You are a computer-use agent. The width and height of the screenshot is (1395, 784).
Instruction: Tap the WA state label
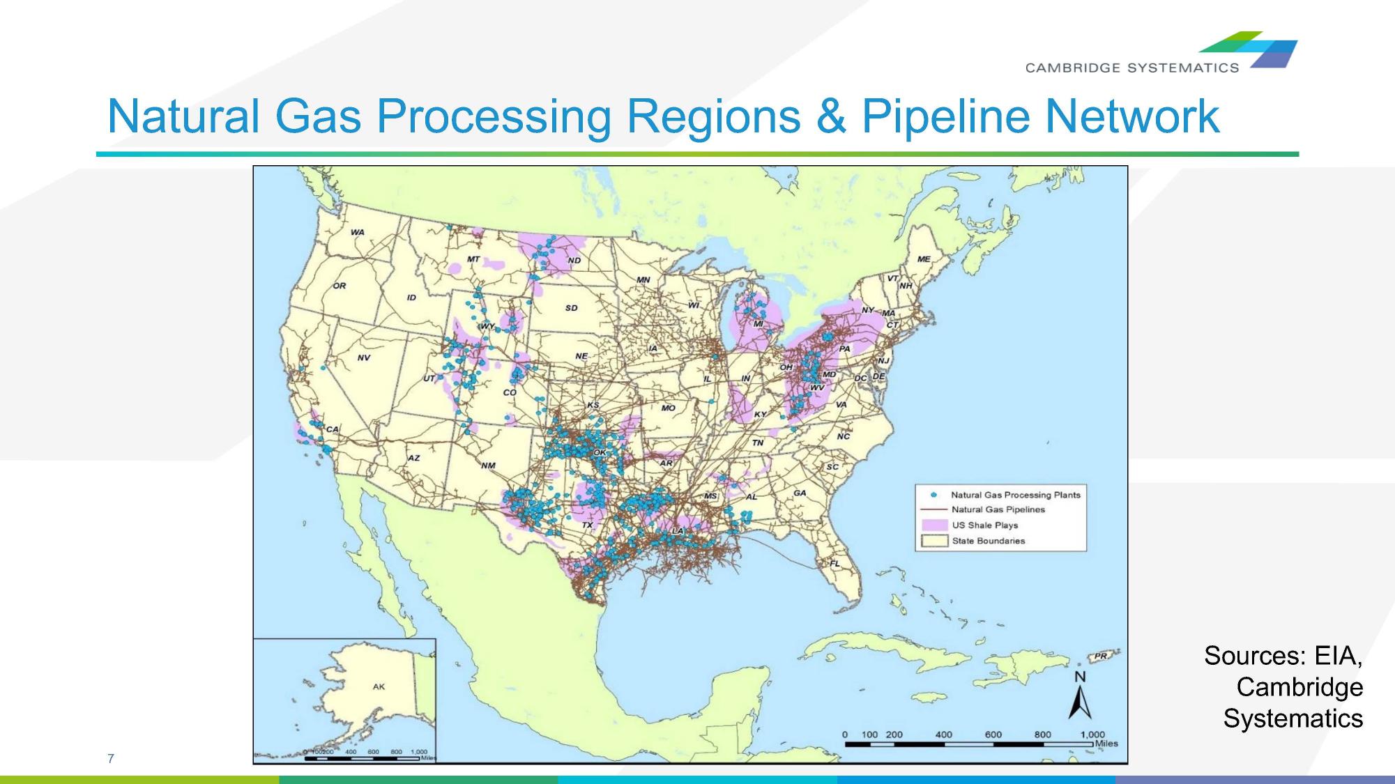[x=357, y=232]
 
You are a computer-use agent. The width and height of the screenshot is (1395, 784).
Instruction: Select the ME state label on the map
[x=924, y=259]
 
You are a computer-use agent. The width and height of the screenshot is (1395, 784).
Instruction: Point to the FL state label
[x=834, y=563]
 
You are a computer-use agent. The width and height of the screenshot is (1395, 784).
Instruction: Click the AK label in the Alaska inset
[x=379, y=686]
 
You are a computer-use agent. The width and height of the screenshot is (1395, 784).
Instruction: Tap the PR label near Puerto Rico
[x=1100, y=656]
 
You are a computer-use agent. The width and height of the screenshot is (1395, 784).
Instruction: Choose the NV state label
[x=363, y=358]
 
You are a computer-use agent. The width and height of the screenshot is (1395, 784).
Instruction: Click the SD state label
[x=571, y=307]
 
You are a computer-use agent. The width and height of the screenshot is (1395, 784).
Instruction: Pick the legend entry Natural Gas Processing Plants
[x=1015, y=495]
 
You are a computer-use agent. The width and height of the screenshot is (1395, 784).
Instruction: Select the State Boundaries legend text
[x=989, y=541]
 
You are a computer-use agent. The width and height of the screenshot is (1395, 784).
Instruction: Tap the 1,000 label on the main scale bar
[x=1092, y=735]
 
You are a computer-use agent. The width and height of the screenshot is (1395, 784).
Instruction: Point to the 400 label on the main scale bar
[x=943, y=735]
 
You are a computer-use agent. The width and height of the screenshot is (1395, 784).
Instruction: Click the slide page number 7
[x=110, y=758]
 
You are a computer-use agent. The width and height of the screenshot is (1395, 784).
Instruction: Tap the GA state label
[x=800, y=493]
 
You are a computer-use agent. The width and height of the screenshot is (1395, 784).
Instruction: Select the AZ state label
[x=413, y=458]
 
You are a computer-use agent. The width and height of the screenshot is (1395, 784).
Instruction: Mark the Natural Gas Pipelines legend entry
[x=998, y=509]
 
